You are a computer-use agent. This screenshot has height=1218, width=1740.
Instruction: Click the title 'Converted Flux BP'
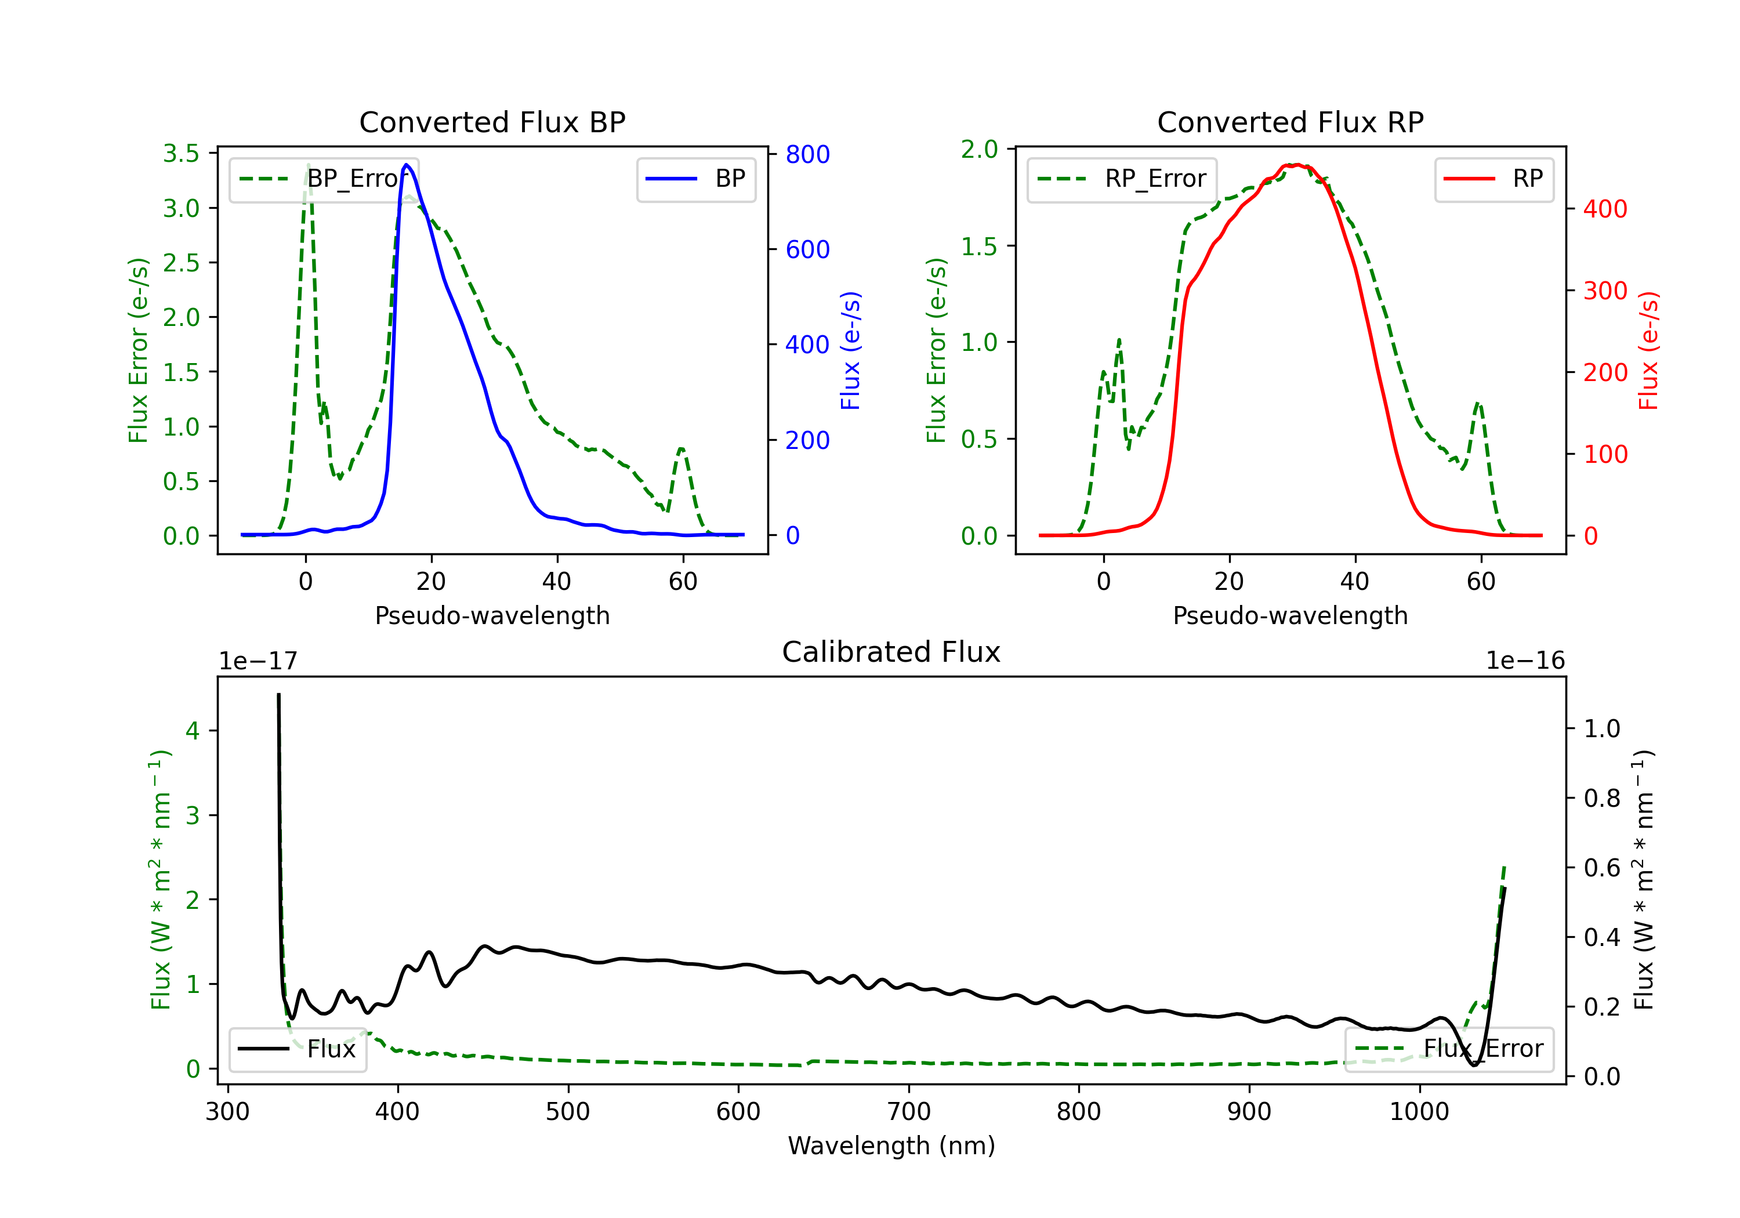pos(492,122)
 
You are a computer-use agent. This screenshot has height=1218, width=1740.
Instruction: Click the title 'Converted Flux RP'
pos(1290,122)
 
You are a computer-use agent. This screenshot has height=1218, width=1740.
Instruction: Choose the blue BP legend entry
pos(695,179)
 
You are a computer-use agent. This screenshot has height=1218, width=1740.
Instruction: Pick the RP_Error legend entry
pos(1122,179)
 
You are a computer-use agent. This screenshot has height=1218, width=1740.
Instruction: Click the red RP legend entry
pos(1493,179)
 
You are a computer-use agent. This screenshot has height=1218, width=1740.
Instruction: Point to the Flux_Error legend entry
pos(1448,1049)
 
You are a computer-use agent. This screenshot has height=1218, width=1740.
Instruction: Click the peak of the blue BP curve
pos(407,165)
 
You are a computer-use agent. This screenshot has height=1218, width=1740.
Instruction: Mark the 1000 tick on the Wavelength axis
pos(1419,1111)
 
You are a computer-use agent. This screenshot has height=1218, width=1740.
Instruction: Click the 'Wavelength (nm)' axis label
pos(891,1145)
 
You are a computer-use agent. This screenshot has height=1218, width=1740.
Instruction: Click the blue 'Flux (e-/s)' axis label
pos(850,350)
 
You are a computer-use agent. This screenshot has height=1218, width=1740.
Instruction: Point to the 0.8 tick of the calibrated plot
pos(1601,798)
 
